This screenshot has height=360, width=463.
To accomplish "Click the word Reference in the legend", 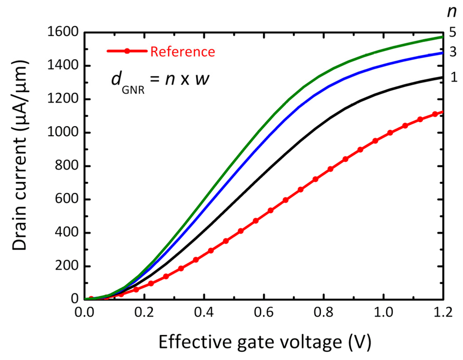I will point(182,52).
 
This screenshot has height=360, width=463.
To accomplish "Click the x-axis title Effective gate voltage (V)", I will point(264,343).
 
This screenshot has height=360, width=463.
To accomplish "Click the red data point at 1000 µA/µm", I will point(390,133).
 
